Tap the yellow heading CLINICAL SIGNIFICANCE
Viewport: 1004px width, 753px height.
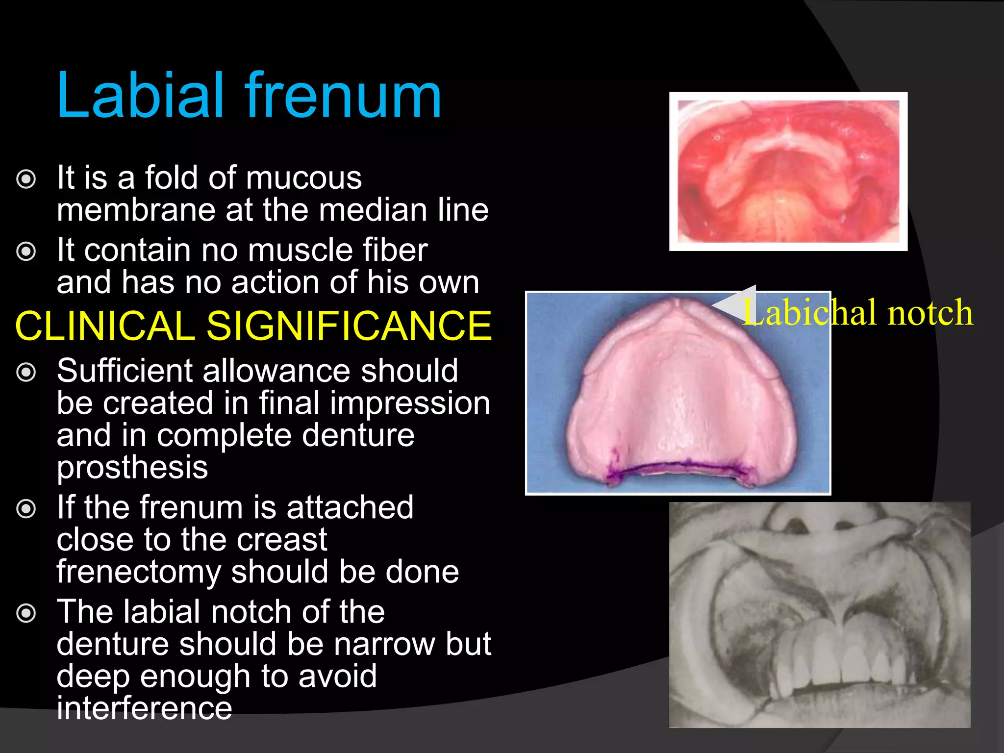253,326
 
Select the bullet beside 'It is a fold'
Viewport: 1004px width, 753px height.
26,179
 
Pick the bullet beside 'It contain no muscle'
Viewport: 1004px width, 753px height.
26,251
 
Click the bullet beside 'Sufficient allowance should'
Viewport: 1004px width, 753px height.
26,372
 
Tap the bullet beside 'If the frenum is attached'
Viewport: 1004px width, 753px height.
26,508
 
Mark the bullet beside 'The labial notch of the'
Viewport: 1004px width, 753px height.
26,613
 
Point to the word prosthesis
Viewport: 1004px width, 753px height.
132,467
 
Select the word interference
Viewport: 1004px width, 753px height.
144,708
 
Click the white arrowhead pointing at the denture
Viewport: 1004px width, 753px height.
735,304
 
